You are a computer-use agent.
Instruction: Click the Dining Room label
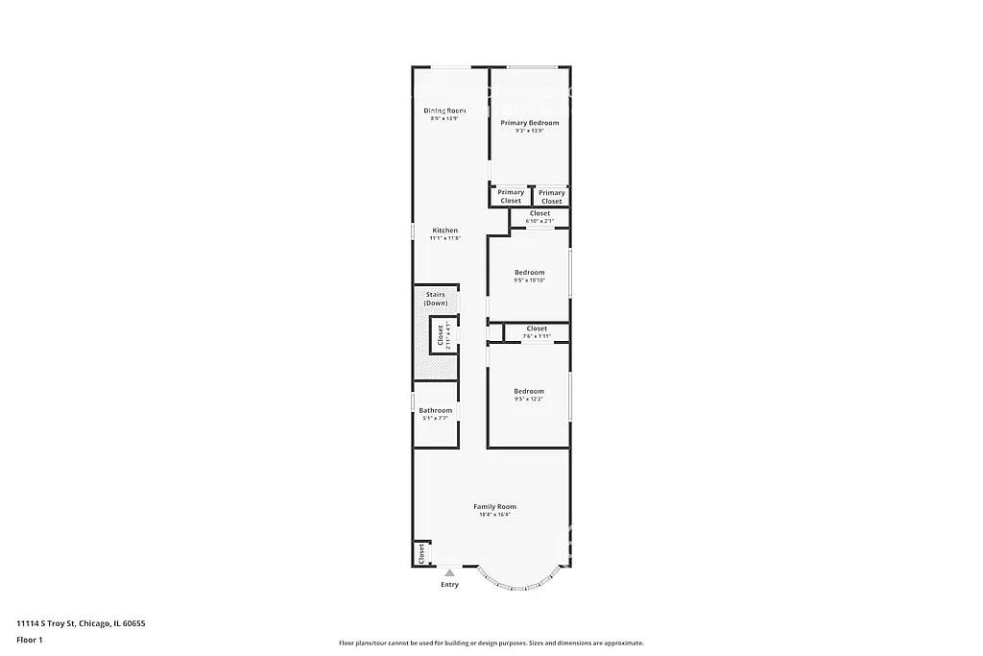444,110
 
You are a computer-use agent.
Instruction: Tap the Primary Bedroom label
529,123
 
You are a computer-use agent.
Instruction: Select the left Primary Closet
511,196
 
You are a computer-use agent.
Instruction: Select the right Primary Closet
551,196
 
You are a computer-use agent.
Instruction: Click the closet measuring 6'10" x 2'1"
539,217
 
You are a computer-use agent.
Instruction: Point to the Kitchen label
444,231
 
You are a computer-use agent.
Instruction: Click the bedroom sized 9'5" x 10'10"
529,276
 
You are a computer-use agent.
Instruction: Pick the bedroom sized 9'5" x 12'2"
529,395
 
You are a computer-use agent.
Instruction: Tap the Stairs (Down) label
436,299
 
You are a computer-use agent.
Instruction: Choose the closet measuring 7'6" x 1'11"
537,332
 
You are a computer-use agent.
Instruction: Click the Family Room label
494,506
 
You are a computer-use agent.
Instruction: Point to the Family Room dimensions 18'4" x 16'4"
494,515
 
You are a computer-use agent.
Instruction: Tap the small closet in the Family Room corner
420,553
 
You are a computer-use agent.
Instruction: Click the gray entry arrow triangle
449,573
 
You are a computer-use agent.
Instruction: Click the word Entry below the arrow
449,585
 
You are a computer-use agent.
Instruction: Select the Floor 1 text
30,640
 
